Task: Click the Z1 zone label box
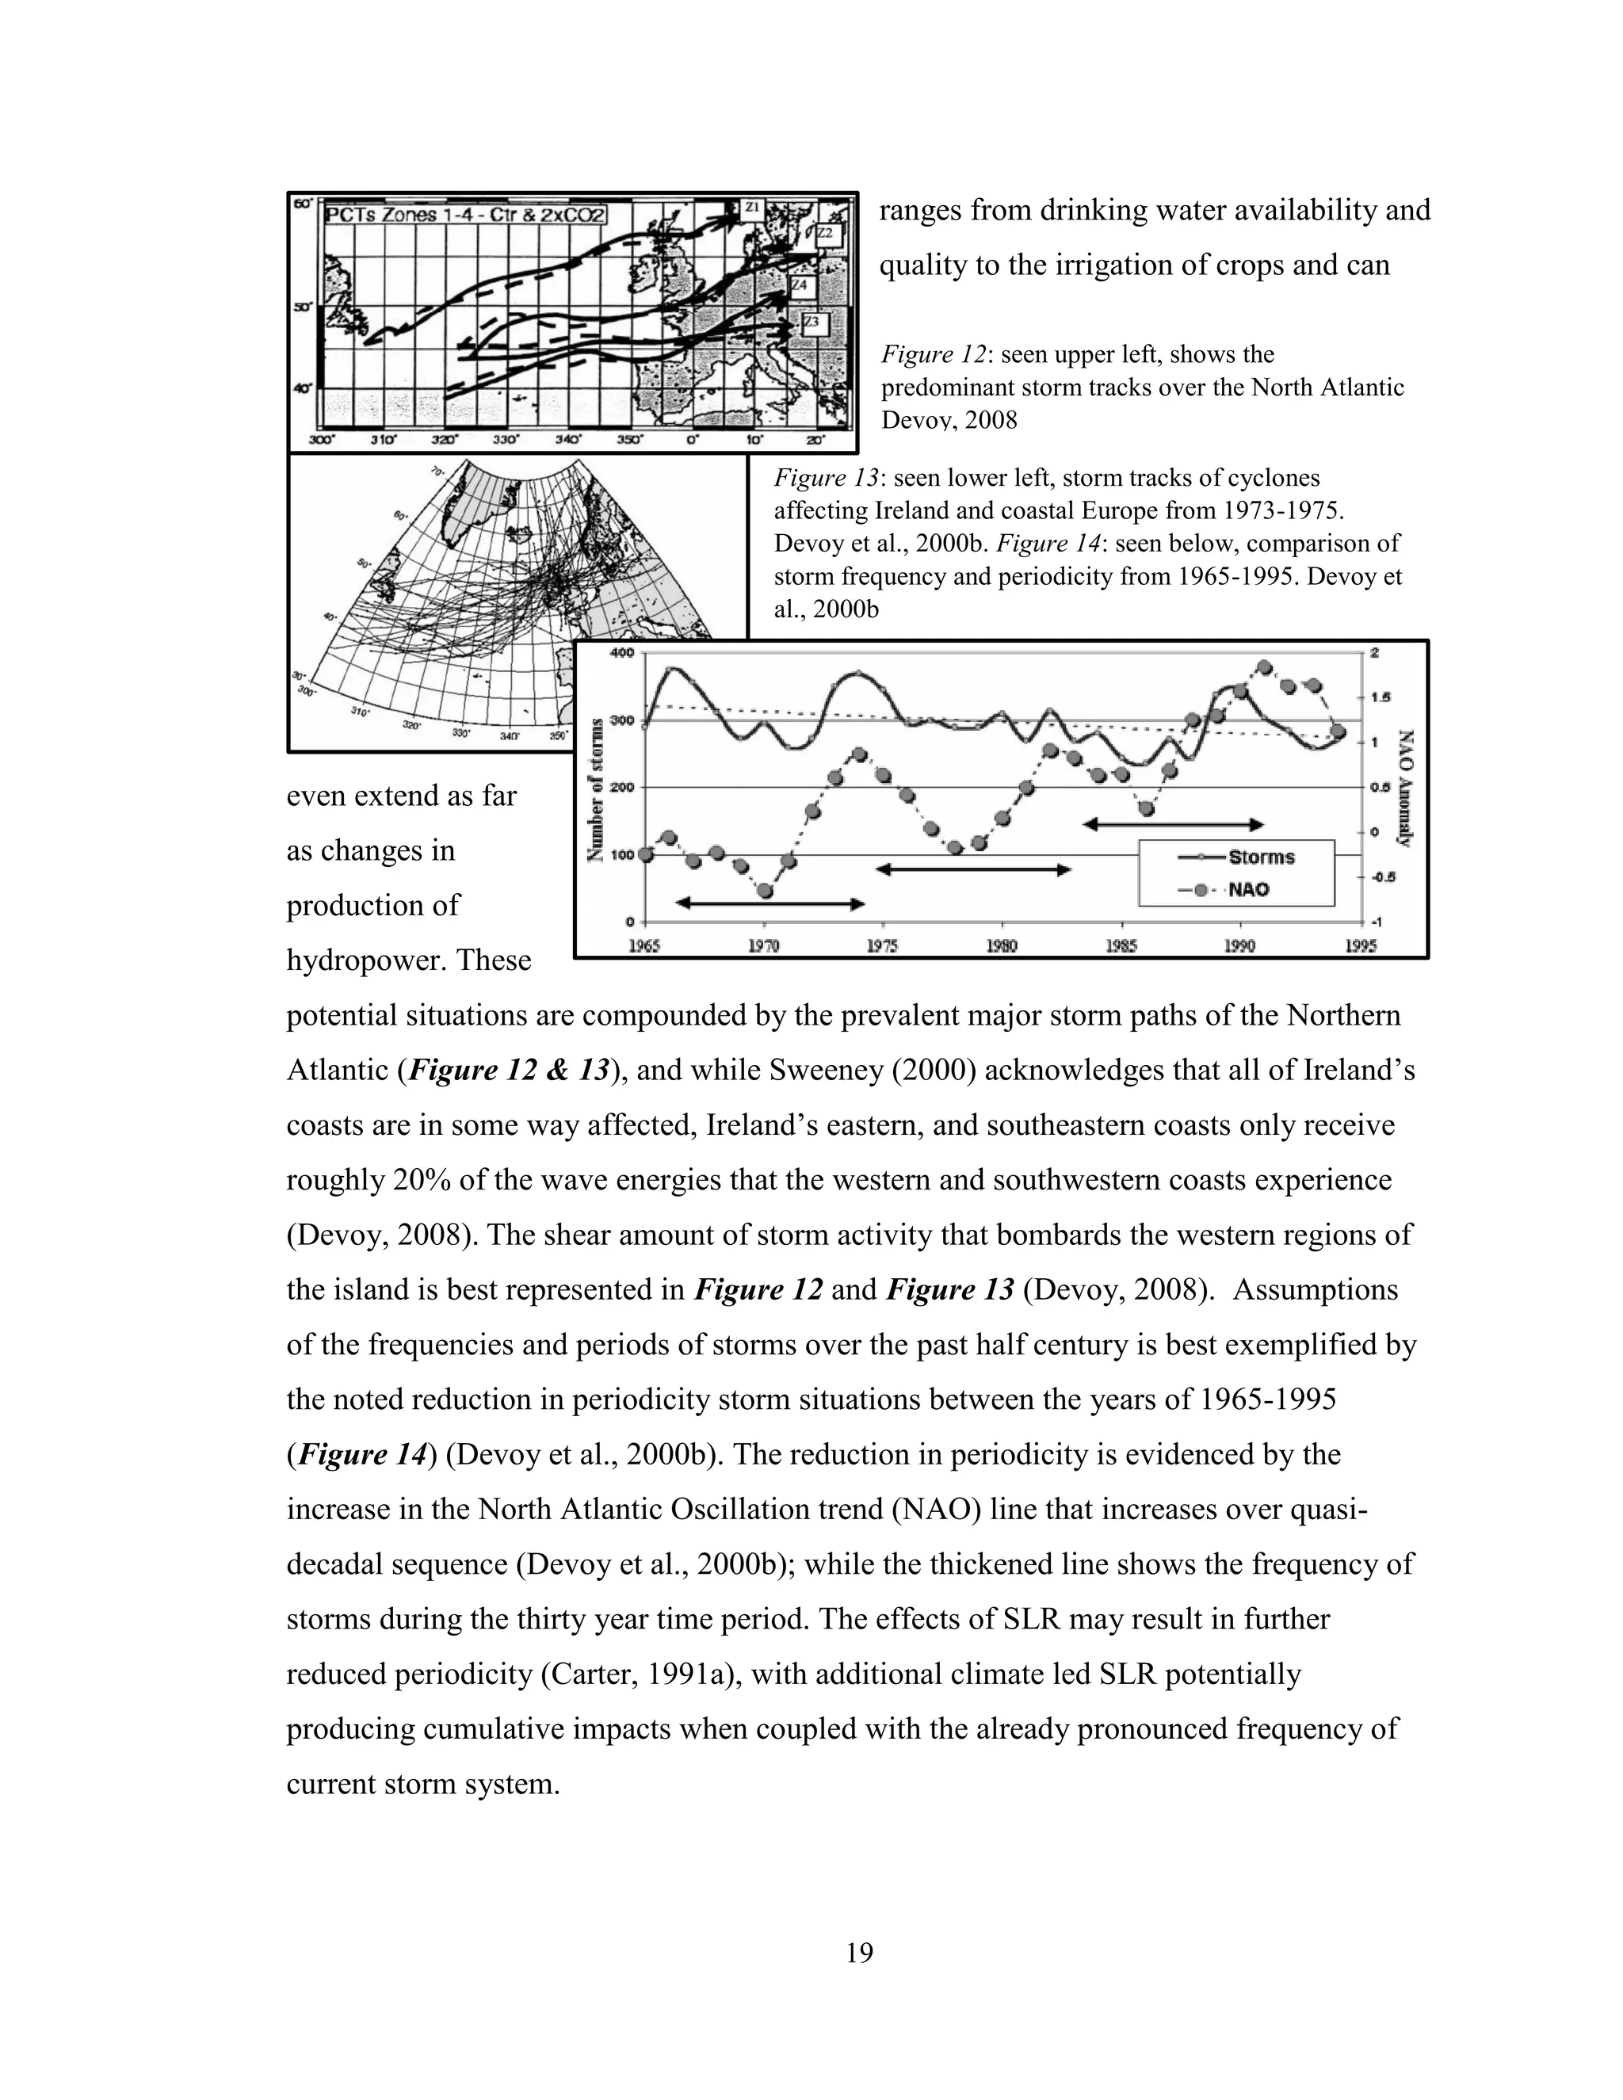(753, 207)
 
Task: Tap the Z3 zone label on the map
(813, 322)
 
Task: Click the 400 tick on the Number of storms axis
(622, 653)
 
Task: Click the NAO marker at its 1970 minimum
(766, 891)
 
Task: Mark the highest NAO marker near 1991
(1264, 667)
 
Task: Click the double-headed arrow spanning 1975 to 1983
(973, 869)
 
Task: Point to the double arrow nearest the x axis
(770, 903)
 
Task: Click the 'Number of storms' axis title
(596, 788)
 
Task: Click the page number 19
(860, 1952)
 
